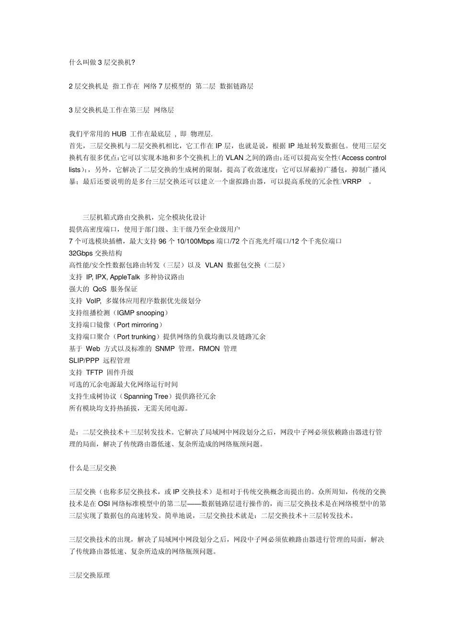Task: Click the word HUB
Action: pos(119,134)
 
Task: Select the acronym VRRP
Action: pos(352,182)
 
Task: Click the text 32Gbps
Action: pos(81,253)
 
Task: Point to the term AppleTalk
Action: pos(125,277)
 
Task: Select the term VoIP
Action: pos(93,301)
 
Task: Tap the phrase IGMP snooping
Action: pos(140,313)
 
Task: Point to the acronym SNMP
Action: pos(165,349)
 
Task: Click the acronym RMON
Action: pos(209,349)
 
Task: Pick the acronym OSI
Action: pos(104,503)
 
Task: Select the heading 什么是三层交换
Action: pos(92,468)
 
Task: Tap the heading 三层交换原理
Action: pos(89,575)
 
